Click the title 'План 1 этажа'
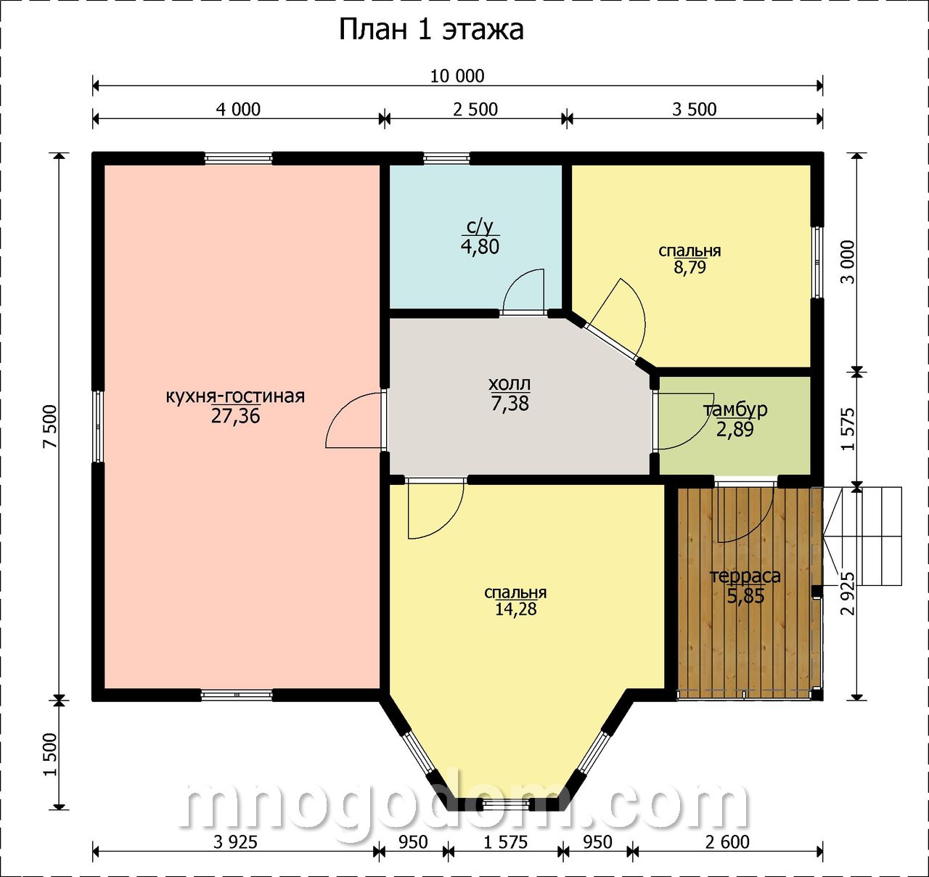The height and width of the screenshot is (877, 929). coord(431,30)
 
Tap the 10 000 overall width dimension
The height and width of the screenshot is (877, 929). coord(457,76)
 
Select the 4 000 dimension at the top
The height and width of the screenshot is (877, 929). coord(238,110)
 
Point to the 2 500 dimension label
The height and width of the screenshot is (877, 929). coord(475,110)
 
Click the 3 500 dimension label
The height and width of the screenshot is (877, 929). coord(694,110)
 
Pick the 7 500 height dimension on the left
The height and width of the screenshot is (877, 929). coord(50,426)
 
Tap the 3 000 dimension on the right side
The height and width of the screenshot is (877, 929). coord(847,262)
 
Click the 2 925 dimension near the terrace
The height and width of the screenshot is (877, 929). coord(847,593)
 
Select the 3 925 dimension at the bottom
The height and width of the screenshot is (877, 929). coord(235,842)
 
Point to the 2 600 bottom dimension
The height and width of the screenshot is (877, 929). coord(727,842)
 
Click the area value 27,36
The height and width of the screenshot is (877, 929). coord(235,415)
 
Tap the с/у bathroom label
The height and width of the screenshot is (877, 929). coord(480,227)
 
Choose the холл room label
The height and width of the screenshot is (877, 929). coord(509,384)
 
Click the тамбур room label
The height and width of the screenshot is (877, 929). coord(735,410)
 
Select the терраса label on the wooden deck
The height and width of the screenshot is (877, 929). coord(745,576)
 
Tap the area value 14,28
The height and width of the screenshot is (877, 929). coord(516,609)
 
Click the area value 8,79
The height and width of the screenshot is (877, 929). coord(689,267)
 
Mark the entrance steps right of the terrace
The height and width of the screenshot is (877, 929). coord(863,537)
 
